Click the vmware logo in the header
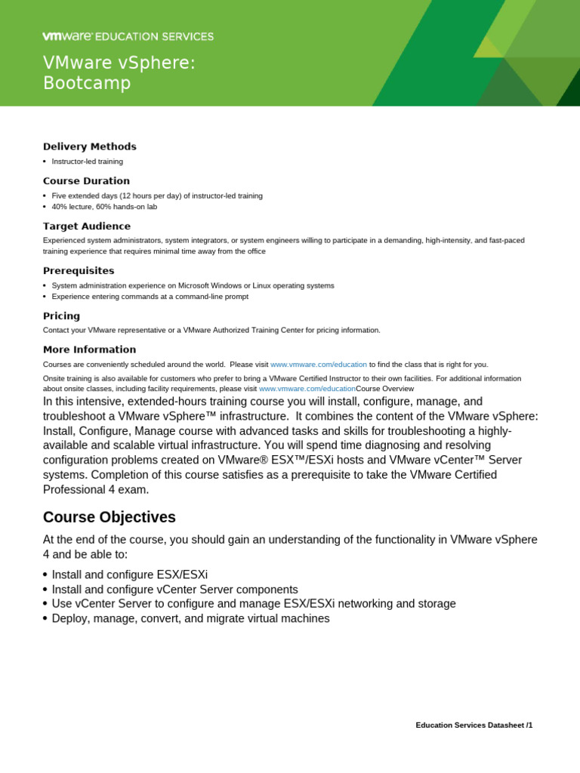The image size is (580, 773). [x=67, y=36]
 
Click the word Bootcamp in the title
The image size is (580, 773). [x=87, y=83]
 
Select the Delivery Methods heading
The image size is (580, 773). [x=90, y=146]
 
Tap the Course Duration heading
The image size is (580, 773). [x=86, y=181]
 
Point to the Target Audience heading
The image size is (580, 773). [x=87, y=226]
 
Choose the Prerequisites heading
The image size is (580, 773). [x=79, y=270]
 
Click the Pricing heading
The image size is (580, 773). [x=61, y=316]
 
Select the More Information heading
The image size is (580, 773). [x=90, y=350]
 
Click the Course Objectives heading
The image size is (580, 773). [x=110, y=517]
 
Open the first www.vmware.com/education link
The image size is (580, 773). [x=319, y=365]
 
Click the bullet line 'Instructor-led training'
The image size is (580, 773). [x=87, y=162]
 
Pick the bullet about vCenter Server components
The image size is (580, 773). [x=174, y=589]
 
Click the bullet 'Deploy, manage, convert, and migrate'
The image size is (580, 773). [x=190, y=618]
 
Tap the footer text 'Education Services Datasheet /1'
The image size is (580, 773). [x=474, y=725]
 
